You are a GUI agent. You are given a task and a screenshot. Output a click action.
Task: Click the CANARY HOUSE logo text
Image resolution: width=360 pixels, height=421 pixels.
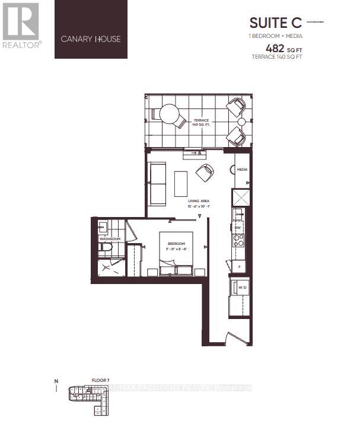click(91, 39)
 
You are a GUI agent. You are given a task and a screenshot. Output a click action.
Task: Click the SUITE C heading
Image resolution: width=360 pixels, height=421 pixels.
click(275, 23)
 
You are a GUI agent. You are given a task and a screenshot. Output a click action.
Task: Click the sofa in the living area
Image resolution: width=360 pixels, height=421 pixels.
click(158, 182)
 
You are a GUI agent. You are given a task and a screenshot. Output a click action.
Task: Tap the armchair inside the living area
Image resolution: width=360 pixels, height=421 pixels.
click(205, 173)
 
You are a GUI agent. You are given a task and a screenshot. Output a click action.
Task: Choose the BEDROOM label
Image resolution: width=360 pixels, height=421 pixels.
click(176, 244)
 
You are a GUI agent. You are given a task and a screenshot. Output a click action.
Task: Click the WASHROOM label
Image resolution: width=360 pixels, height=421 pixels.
click(110, 239)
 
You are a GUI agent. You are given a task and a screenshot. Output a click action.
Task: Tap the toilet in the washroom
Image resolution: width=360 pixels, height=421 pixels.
click(106, 248)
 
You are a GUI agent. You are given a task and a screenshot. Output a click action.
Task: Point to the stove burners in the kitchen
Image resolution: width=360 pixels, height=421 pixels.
click(238, 240)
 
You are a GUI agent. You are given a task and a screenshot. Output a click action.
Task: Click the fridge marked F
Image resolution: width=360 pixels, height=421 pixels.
click(238, 267)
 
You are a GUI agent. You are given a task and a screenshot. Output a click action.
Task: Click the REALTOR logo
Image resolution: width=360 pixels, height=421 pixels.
click(22, 25)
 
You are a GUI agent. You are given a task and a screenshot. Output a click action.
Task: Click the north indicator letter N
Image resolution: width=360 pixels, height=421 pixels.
click(56, 380)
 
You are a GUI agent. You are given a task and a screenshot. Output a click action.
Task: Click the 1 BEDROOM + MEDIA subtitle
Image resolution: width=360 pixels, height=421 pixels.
click(275, 36)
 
